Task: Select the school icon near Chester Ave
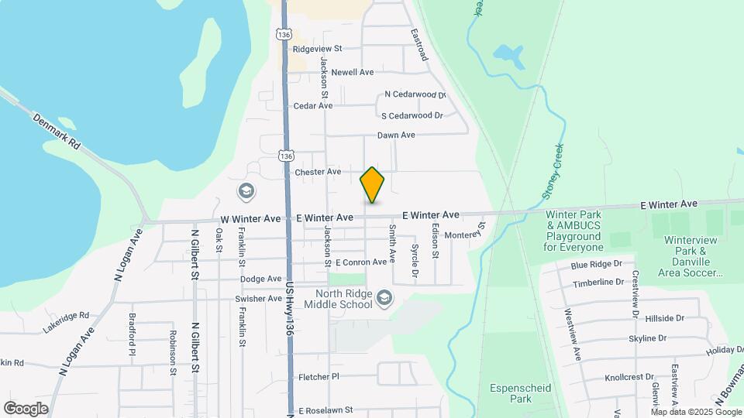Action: (246, 191)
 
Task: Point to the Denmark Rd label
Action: (57, 132)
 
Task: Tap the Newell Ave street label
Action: (353, 72)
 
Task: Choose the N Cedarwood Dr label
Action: (415, 95)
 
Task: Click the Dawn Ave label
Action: (396, 135)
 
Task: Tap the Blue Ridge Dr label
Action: (597, 265)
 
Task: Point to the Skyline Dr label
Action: (647, 338)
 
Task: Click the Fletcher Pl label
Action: (319, 377)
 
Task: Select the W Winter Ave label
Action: (250, 219)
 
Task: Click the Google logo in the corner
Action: (26, 408)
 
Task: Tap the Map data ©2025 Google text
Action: (696, 412)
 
